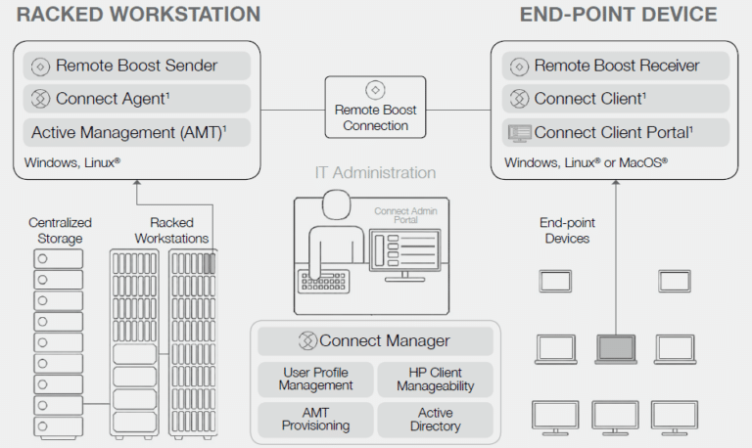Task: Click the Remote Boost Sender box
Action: [137, 66]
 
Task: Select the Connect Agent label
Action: [113, 99]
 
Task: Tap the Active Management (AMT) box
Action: [137, 132]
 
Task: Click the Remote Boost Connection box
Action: [376, 108]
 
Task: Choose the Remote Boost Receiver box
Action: [615, 66]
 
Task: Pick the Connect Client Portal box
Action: [615, 132]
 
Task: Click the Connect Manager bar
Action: [376, 340]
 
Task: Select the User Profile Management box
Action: [315, 380]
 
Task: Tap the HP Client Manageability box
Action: [436, 380]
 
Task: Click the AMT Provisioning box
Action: [315, 420]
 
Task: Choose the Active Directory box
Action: [436, 420]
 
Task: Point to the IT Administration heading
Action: [376, 172]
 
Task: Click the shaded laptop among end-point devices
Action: [616, 349]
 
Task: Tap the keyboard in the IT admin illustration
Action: [324, 282]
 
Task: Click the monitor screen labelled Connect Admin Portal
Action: [404, 249]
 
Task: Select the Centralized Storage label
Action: [60, 231]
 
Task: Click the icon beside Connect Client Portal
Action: [519, 133]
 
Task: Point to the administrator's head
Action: [337, 204]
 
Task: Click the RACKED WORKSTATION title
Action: [139, 15]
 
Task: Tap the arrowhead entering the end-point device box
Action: [616, 183]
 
